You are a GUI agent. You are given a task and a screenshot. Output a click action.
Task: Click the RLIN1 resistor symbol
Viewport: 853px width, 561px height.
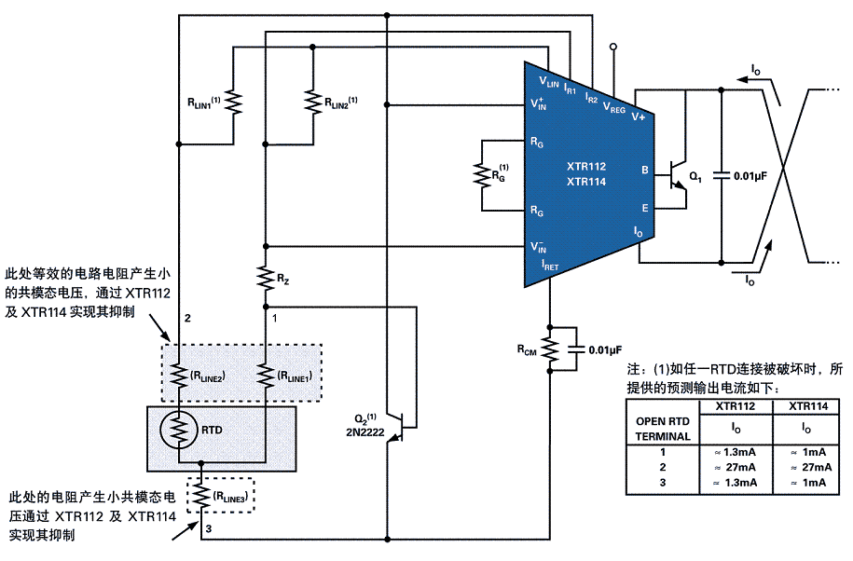233,103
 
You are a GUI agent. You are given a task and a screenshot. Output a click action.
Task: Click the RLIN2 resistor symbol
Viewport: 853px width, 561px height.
313,101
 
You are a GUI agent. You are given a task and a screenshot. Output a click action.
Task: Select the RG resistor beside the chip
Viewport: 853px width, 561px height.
482,174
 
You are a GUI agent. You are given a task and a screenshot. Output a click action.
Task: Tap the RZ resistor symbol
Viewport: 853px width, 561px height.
266,279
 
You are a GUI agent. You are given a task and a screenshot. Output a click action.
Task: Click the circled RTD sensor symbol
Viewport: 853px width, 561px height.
178,430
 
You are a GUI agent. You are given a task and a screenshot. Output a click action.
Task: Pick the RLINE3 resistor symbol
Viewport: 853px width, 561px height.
200,495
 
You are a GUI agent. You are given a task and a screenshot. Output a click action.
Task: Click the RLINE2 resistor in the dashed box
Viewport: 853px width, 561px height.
178,376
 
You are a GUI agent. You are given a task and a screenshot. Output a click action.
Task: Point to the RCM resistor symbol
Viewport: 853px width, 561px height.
550,349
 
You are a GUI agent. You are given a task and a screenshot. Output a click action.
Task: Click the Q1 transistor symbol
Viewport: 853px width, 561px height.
676,175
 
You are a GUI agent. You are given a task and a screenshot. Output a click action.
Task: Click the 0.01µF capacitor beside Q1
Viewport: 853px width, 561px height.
722,175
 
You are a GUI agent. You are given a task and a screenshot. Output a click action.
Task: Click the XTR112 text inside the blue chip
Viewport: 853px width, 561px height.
585,166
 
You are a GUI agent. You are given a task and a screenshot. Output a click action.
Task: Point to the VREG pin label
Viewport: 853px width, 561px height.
613,108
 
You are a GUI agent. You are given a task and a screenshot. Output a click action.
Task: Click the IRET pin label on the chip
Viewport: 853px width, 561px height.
549,265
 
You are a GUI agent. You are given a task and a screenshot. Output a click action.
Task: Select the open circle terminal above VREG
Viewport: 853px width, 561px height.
613,47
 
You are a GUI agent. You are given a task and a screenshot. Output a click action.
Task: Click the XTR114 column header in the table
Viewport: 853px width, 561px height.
808,406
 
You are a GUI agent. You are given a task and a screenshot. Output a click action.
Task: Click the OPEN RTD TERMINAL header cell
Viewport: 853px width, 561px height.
663,429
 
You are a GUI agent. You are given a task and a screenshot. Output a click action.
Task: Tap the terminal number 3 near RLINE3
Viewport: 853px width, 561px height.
208,528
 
